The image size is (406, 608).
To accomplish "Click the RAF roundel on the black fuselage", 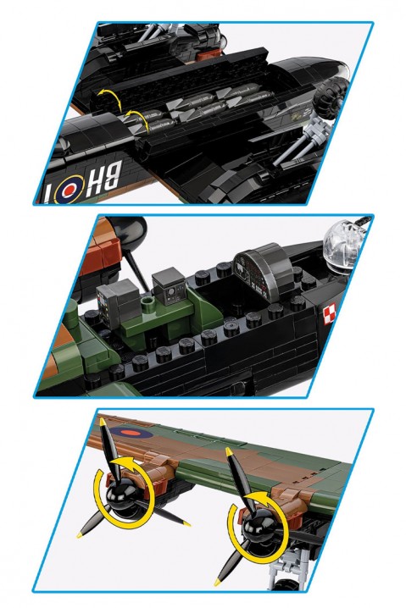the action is tap(70, 189).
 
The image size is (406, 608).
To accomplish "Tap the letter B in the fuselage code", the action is tap(114, 174).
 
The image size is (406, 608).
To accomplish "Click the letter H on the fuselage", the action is tap(94, 180).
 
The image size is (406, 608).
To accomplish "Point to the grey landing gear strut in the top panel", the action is tap(302, 142).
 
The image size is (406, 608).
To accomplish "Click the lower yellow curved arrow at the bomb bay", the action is tap(137, 119).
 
